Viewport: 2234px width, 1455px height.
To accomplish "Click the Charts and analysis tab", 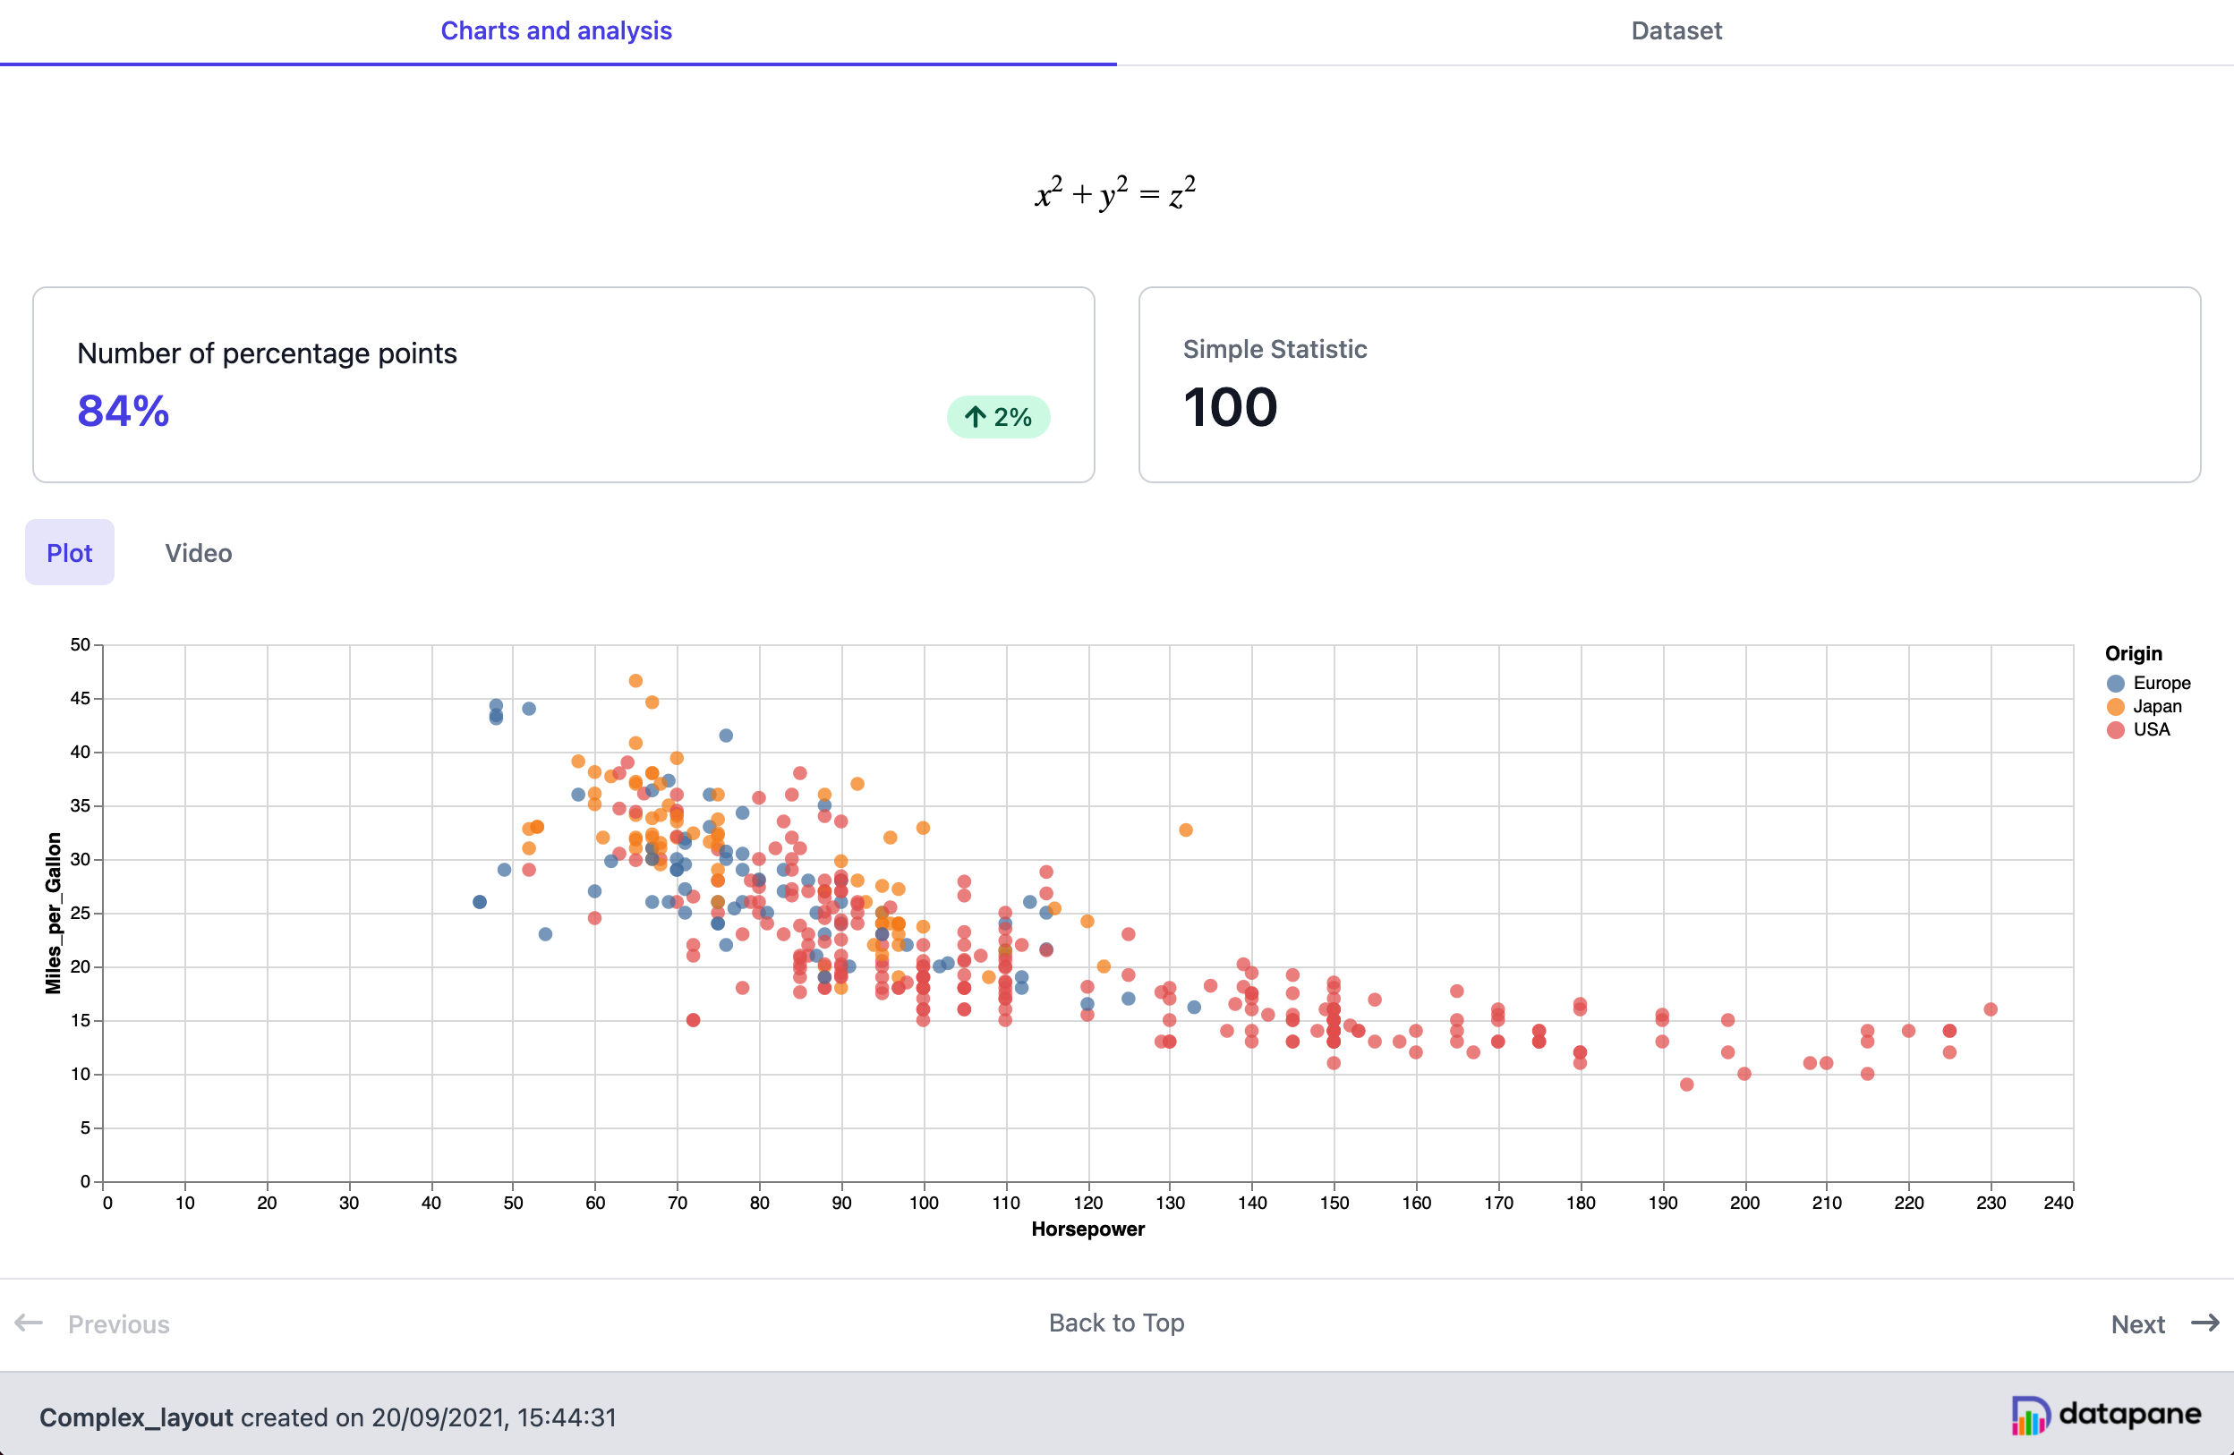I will click(x=556, y=31).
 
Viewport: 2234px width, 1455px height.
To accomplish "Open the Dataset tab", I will click(x=1675, y=31).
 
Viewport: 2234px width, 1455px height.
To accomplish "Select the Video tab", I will click(x=198, y=553).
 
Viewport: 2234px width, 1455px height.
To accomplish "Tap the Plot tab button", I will click(x=70, y=553).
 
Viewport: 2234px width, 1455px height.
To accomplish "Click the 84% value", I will click(x=123, y=411).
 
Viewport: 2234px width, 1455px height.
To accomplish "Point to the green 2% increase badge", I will click(x=998, y=417).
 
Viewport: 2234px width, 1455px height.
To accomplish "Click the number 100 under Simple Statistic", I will click(x=1230, y=407).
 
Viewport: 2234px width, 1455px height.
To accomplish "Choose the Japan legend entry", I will click(x=2144, y=707).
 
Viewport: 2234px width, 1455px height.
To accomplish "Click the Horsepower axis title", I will click(x=1087, y=1229).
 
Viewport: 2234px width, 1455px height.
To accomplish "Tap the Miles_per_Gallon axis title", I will click(x=54, y=913).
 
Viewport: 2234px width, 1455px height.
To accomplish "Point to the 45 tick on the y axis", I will click(x=80, y=698).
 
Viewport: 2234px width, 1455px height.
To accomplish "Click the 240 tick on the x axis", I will click(x=2059, y=1204).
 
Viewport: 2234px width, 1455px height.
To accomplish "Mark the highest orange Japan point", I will click(x=635, y=681).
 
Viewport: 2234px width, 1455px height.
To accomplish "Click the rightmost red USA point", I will click(x=1990, y=1010).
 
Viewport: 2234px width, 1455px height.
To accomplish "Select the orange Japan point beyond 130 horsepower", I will click(x=1186, y=830).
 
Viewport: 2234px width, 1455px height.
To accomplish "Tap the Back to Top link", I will click(x=1116, y=1323).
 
